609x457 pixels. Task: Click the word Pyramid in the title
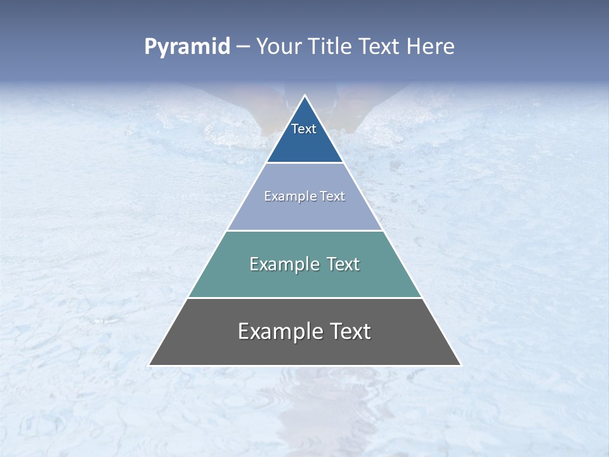187,46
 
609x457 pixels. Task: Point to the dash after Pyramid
242,47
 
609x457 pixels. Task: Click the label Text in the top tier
304,129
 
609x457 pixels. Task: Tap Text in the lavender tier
333,196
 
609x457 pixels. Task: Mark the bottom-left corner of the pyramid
149,365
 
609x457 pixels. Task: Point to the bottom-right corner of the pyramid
461,365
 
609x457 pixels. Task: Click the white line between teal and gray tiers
304,298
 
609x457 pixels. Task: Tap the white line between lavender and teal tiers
304,230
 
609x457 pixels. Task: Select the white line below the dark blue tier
304,163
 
